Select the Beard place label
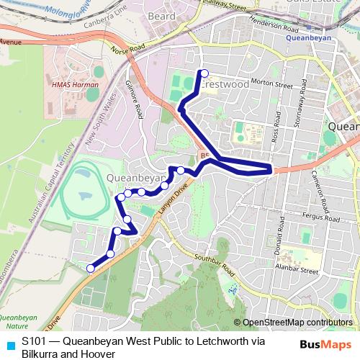[x=161, y=16]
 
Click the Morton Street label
[x=272, y=84]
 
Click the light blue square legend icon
[x=9, y=343]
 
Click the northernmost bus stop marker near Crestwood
[x=204, y=73]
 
